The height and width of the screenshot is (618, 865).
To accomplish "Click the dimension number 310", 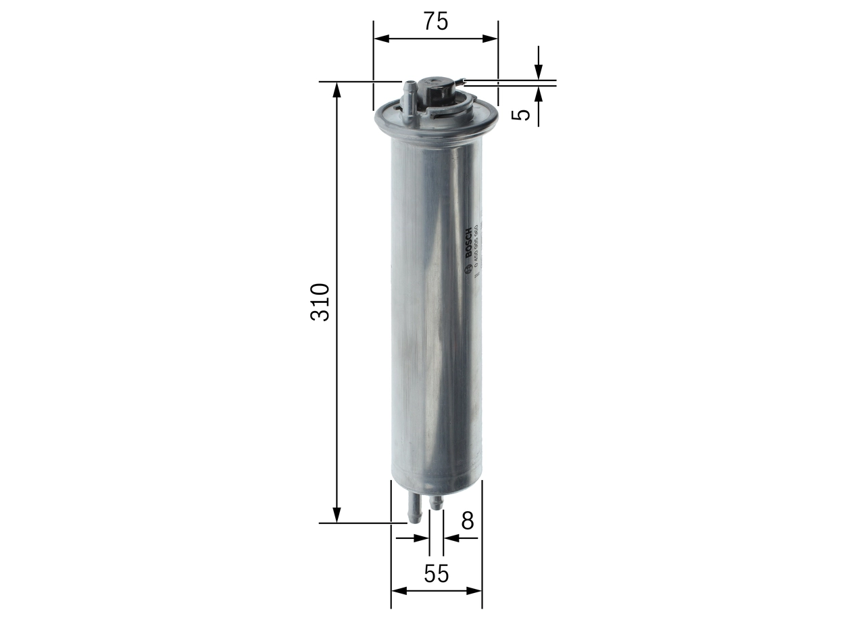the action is [x=320, y=302].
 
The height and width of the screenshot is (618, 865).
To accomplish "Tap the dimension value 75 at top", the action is [x=436, y=22].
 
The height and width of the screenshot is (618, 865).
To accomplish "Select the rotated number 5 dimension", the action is [x=521, y=114].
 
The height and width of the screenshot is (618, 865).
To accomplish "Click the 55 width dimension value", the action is [x=437, y=573].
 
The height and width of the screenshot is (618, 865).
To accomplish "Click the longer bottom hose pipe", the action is [x=414, y=508].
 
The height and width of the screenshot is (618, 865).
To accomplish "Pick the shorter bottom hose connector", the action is [x=437, y=503].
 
